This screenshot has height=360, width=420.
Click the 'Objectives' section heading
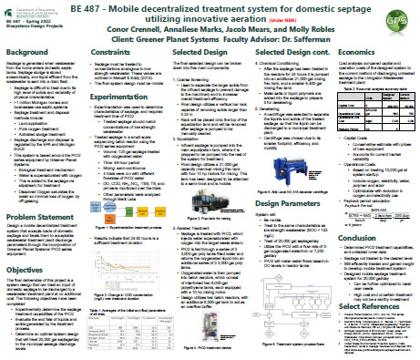point(27,271)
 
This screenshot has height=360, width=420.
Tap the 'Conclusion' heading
point(362,240)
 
